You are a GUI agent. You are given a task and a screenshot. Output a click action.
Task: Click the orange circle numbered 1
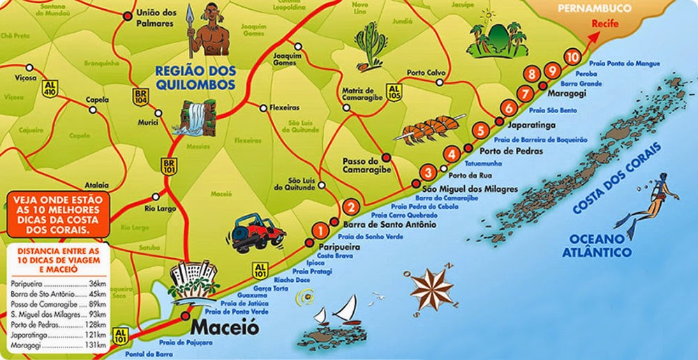pos(320,229)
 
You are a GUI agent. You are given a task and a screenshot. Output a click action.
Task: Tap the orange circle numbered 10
pos(573,57)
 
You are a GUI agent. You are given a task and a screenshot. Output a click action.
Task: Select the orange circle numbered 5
pos(480,130)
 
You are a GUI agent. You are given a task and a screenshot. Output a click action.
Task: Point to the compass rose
pos(431,287)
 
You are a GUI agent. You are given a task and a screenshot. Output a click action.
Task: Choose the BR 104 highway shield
pos(142,97)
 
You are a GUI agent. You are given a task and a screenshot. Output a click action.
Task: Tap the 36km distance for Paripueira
pos(98,283)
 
